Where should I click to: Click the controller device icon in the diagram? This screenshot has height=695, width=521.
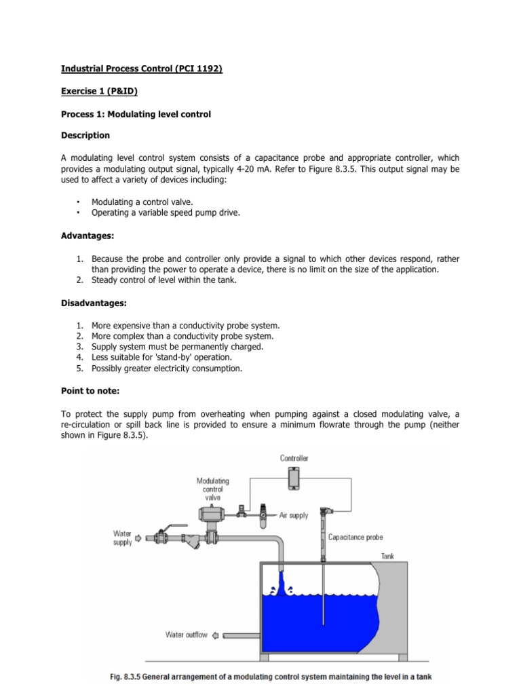pos(294,478)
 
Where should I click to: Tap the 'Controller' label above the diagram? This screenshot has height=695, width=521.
pos(294,458)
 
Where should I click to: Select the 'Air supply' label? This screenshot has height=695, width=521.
pos(294,515)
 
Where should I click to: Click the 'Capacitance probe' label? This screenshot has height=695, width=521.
pos(355,537)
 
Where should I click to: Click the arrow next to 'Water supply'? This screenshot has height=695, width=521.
pos(140,538)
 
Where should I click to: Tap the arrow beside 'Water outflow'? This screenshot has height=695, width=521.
pos(216,635)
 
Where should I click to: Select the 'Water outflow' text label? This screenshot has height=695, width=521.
pos(187,635)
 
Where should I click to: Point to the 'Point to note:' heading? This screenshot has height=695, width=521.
pos(91,392)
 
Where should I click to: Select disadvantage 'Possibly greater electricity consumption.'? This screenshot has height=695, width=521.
pos(166,369)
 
